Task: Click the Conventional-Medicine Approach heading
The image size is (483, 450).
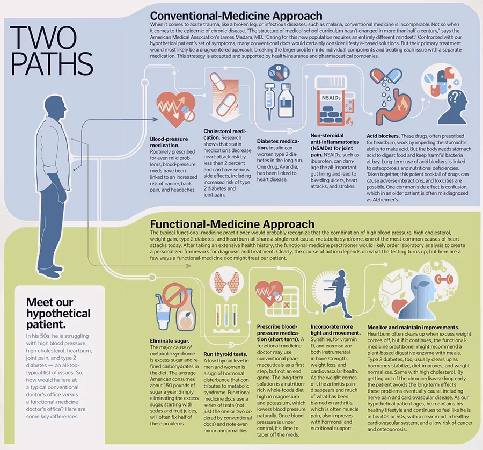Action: (x=236, y=16)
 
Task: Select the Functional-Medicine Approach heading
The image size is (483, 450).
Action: (x=232, y=224)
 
